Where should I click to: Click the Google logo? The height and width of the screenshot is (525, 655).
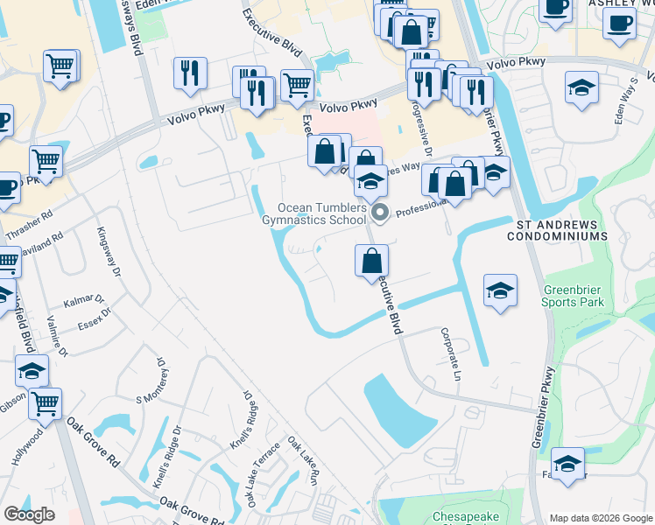point(29,514)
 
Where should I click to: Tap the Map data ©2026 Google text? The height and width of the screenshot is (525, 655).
point(601,518)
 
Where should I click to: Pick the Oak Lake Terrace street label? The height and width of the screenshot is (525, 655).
point(263,472)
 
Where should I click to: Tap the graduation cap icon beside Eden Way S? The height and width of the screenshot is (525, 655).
point(581,88)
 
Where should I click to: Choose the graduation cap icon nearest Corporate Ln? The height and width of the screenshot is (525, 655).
point(500,290)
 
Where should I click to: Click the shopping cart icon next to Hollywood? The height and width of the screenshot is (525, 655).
point(46,403)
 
